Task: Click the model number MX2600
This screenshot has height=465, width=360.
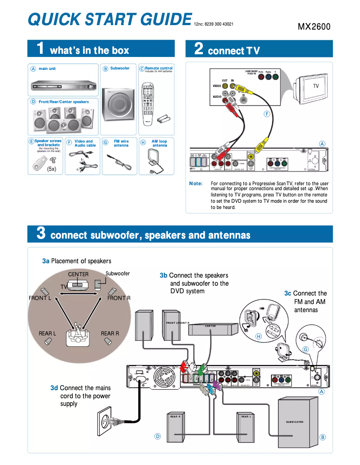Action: tap(314, 26)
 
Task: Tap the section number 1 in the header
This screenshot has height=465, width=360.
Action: tap(40, 48)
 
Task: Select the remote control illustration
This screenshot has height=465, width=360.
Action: tap(149, 103)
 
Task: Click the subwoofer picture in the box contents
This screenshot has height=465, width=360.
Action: tap(117, 104)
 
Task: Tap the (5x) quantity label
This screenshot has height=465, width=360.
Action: tap(52, 169)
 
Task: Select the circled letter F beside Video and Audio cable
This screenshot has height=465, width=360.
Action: tap(69, 143)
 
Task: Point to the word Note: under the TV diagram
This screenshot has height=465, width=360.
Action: tap(196, 183)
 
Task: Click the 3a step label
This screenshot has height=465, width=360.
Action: tap(46, 261)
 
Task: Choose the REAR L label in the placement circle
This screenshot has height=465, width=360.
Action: tap(47, 333)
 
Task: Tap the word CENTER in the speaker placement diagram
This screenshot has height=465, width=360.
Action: tap(78, 274)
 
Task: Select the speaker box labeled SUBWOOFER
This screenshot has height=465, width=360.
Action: tap(295, 422)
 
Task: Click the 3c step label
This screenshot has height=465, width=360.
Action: tap(288, 293)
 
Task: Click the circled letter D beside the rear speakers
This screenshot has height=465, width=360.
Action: tap(158, 436)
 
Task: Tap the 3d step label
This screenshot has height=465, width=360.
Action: tap(54, 388)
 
